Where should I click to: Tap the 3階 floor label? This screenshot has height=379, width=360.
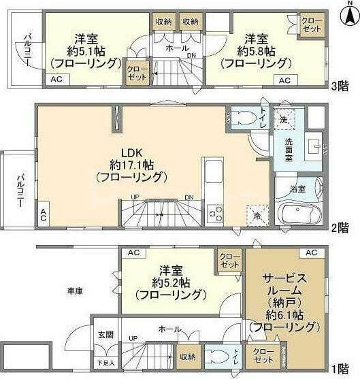coord(340,86)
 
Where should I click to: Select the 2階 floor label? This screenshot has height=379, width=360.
coord(341,228)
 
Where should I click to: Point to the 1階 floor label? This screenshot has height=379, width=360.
coord(341,369)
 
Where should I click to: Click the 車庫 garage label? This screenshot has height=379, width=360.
coord(74,291)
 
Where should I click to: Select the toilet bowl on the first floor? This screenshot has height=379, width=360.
coord(218,357)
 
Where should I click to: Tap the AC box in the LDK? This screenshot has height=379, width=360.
coord(44,216)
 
